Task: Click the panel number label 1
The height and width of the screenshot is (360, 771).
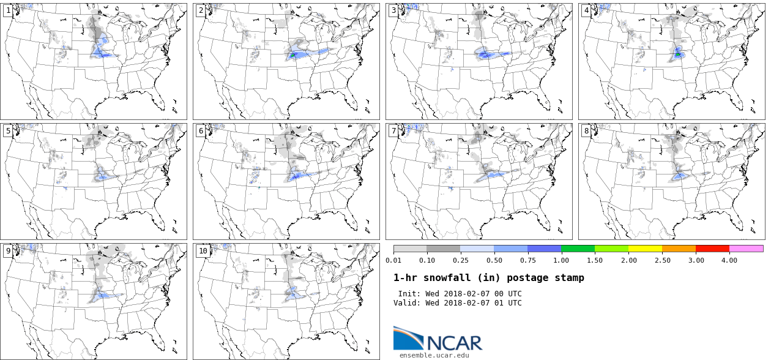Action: tap(8, 10)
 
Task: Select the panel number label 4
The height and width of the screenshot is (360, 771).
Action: tap(586, 10)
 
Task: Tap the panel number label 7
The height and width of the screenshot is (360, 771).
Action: tap(393, 130)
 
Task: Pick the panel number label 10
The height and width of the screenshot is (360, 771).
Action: tap(203, 250)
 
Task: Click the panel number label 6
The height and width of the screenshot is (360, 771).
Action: tap(201, 130)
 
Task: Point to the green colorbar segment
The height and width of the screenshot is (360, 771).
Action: tap(578, 249)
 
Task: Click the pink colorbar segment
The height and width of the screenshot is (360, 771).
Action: tap(746, 249)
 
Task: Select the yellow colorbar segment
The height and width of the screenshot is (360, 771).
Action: tap(645, 249)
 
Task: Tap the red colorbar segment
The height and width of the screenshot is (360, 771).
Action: tap(712, 249)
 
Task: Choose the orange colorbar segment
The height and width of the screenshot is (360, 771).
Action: tap(679, 249)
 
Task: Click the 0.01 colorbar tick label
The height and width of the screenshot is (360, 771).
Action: tap(393, 260)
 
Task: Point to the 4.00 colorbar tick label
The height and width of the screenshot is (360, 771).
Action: tap(729, 260)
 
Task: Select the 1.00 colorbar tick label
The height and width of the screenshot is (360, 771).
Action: tap(561, 260)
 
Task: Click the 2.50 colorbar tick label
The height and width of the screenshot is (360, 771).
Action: tap(662, 260)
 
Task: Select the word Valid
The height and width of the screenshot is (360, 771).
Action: tap(406, 302)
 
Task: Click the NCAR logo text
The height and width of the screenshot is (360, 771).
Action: tap(454, 342)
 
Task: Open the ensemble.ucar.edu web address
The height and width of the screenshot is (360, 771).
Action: tap(434, 354)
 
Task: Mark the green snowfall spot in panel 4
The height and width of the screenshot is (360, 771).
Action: tap(678, 54)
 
